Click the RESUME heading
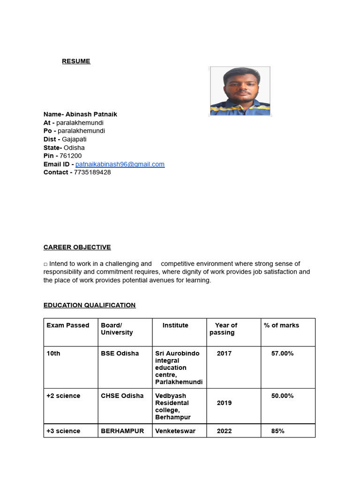point(76,61)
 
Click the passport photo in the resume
point(240,91)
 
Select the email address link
point(120,164)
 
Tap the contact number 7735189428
point(92,172)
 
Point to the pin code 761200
point(70,156)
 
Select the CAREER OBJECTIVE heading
point(77,247)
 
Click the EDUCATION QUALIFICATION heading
point(90,305)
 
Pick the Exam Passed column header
point(68,325)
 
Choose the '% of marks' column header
point(281,325)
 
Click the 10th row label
point(53,353)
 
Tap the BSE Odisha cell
point(120,353)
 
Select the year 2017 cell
point(224,353)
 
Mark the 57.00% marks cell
point(283,353)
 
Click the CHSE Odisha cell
point(122,396)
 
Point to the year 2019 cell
point(224,403)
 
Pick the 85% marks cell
point(278,431)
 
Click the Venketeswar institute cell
point(175,431)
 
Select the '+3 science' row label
point(63,431)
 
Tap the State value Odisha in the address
point(74,148)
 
